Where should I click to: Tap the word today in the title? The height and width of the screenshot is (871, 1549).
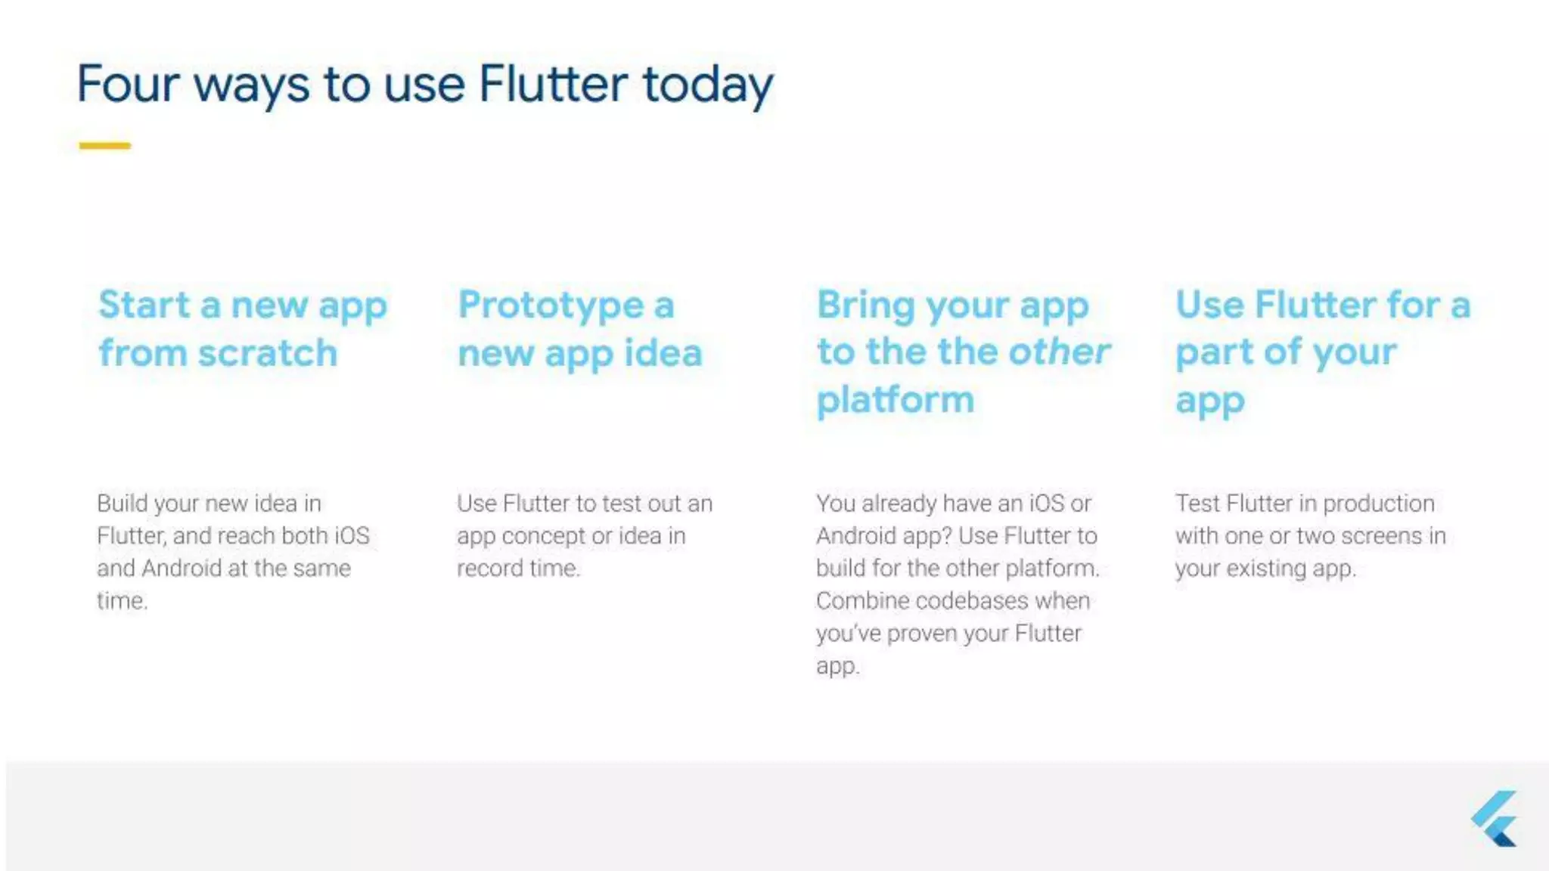[x=708, y=85]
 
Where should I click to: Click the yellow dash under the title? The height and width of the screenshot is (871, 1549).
[x=105, y=145]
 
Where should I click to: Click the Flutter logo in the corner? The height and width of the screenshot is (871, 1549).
[x=1495, y=819]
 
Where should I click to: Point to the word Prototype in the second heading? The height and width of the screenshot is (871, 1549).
[x=551, y=305]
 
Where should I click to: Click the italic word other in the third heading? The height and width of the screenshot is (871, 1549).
[x=1059, y=352]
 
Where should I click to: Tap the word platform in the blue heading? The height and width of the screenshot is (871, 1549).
[x=896, y=400]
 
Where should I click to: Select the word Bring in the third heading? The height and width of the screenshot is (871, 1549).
[x=866, y=305]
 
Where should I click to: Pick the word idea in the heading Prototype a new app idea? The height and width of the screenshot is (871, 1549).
[x=663, y=353]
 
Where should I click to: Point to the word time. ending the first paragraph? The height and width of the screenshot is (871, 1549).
[x=122, y=601]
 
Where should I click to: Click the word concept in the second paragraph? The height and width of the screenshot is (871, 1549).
[x=543, y=536]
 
